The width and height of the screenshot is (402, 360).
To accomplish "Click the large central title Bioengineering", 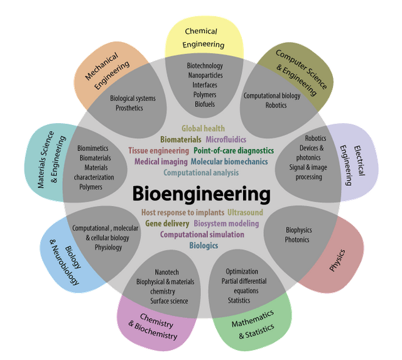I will coord(201,193).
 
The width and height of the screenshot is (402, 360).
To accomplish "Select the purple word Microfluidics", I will coord(226,139).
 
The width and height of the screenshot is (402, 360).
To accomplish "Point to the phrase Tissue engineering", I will coord(158,151).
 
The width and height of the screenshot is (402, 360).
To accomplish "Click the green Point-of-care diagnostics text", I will coord(234,151).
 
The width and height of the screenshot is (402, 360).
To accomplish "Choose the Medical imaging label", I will coord(160,161).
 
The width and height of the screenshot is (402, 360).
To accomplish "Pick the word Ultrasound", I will coord(245,212).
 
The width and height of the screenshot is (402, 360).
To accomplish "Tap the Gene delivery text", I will coord(166,223).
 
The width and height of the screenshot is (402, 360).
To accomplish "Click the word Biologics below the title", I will coord(204,245).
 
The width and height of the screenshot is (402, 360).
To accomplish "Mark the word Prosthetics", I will coord(129,108).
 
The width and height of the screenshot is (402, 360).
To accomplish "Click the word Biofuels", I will coord(205,104).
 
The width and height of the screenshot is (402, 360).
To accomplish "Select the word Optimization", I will coord(242,271).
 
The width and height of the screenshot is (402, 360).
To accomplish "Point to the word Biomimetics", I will coord(93,148).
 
